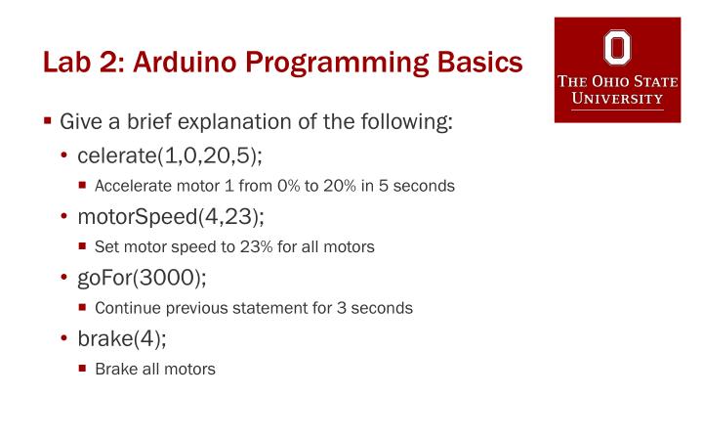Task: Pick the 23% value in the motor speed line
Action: tap(225, 247)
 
